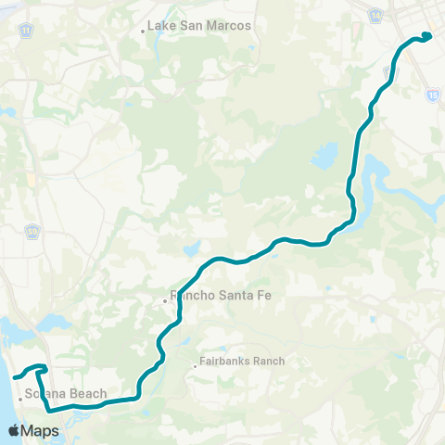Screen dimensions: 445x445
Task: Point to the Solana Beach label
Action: tap(60, 393)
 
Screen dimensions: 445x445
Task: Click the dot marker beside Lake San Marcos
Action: tap(143, 31)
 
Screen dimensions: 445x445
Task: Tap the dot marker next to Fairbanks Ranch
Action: tap(195, 365)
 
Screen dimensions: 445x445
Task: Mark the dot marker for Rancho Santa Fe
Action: tap(164, 299)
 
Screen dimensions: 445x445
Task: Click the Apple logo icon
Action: tap(14, 430)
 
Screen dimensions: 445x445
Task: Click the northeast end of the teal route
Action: tap(429, 36)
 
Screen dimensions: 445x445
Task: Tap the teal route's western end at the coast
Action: tap(15, 376)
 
